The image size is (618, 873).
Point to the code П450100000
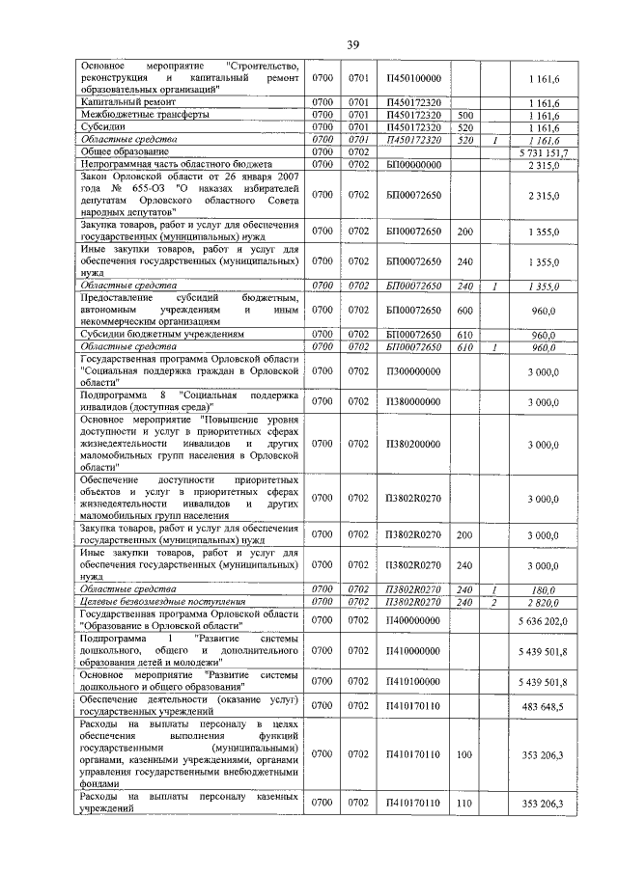pos(412,76)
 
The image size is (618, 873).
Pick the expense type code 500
pos(464,114)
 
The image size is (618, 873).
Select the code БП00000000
pos(412,165)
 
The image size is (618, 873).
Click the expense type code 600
pos(464,310)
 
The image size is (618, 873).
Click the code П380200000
pos(412,444)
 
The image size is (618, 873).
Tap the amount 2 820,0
pos(545,601)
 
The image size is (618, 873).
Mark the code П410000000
pos(412,651)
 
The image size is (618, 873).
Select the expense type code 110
pos(464,803)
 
